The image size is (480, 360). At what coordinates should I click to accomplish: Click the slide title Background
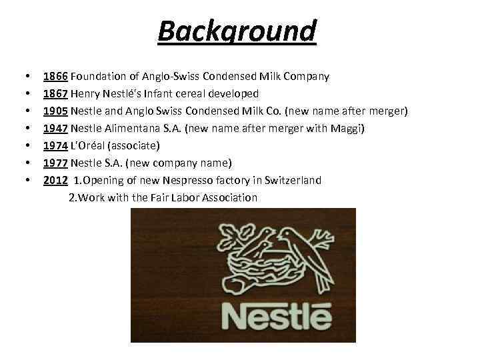237,31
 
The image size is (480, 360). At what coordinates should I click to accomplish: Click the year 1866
55,77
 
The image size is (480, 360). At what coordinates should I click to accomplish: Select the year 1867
55,94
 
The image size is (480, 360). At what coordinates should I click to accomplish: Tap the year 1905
55,111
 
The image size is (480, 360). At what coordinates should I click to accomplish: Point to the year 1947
55,129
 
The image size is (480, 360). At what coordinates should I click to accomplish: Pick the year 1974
55,146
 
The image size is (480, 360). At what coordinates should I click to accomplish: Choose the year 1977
55,163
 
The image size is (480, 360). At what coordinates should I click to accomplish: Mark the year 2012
55,181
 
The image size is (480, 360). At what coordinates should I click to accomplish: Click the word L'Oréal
91,146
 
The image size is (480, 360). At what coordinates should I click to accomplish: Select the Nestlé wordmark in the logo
276,317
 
